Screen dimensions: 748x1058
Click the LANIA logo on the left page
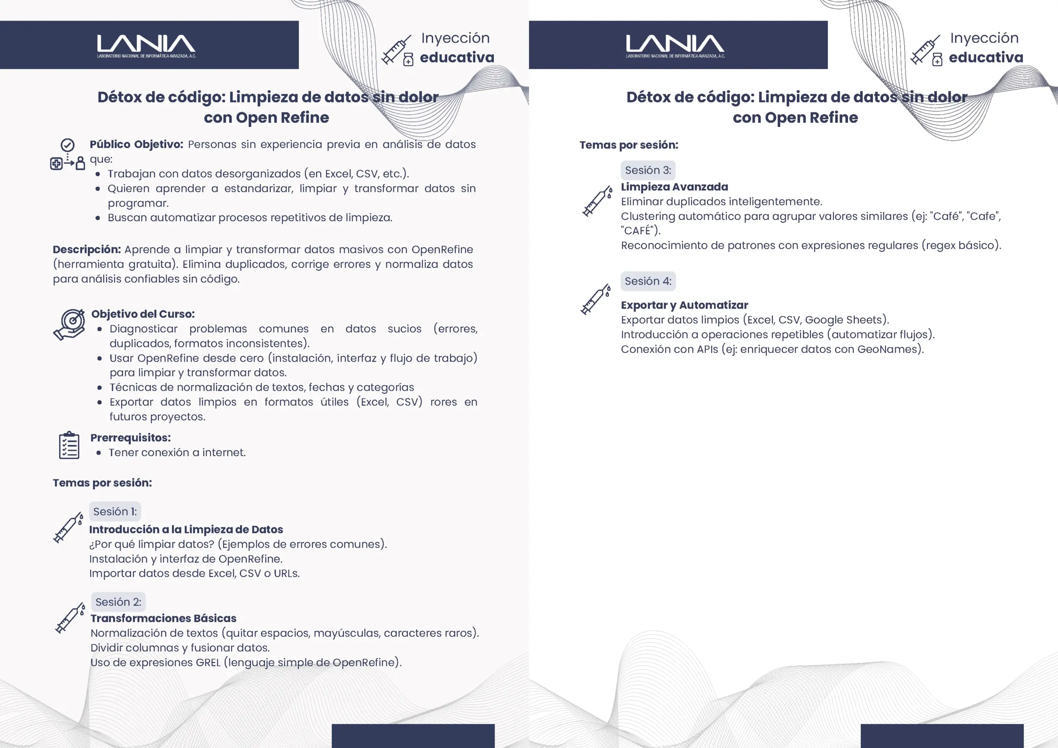(x=146, y=45)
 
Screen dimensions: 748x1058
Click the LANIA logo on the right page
(x=675, y=45)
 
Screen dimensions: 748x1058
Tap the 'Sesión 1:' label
(x=115, y=512)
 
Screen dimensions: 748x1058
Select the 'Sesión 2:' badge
(x=119, y=602)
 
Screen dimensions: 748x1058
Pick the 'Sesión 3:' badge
(x=648, y=170)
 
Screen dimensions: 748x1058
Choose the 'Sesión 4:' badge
(x=648, y=281)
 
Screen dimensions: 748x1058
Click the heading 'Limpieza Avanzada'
(x=674, y=187)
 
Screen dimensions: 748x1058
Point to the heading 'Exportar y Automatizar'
(x=684, y=305)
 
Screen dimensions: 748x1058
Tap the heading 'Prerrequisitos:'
(x=131, y=437)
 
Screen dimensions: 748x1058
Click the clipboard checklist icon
(x=69, y=445)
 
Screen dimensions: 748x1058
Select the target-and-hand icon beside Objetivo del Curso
(x=69, y=324)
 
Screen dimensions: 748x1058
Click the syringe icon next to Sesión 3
(x=597, y=201)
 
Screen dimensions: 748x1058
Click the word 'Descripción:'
(x=87, y=249)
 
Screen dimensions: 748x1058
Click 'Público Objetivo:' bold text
(x=136, y=144)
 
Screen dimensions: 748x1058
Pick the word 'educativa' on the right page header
(x=986, y=57)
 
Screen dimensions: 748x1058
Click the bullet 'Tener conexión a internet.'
(x=177, y=453)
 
